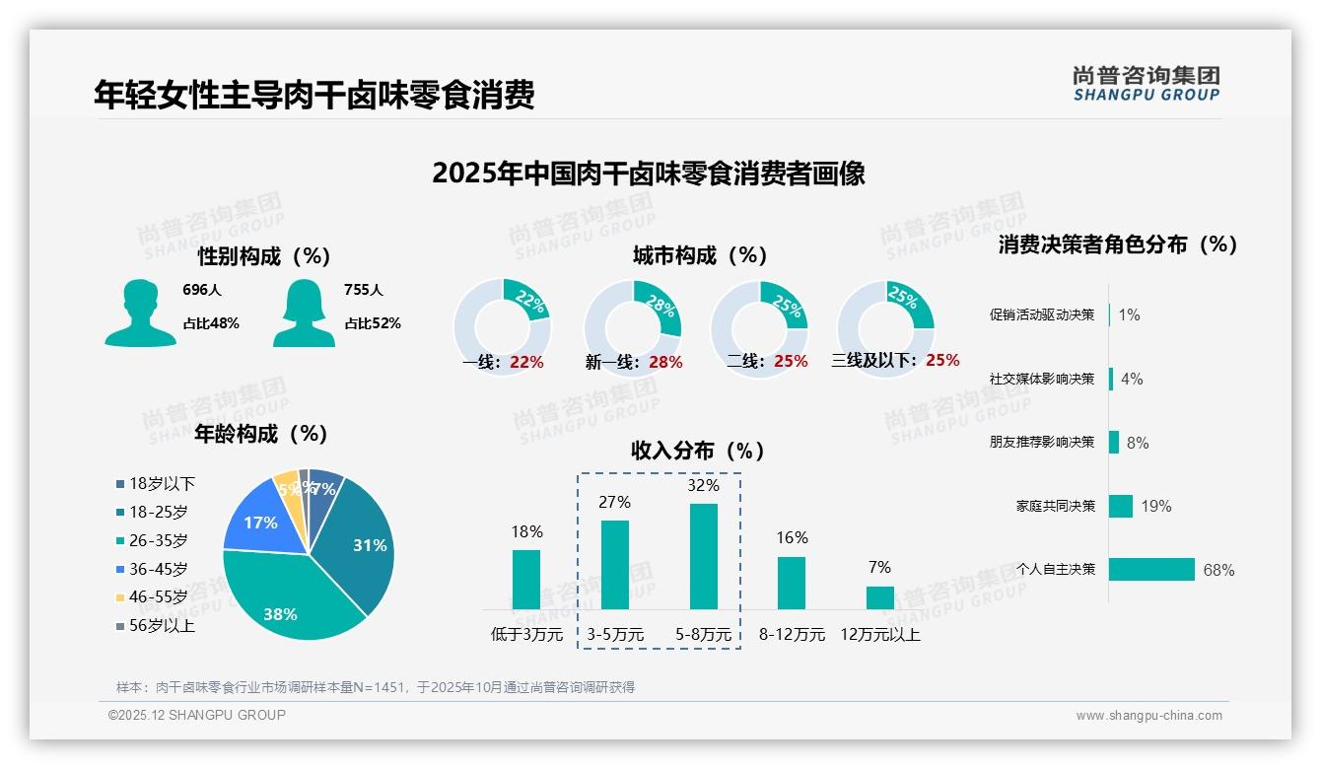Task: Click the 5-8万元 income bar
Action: (x=703, y=556)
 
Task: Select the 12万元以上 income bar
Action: (x=879, y=597)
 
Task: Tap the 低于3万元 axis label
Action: (x=526, y=634)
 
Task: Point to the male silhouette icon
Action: (x=140, y=313)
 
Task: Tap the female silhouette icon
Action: (x=304, y=313)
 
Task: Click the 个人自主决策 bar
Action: (x=1151, y=569)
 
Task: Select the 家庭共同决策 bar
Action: (x=1121, y=506)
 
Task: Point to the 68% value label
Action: (x=1218, y=570)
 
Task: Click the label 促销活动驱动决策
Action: (x=1042, y=315)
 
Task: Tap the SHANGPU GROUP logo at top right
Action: (x=1146, y=84)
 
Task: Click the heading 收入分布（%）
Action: (x=698, y=451)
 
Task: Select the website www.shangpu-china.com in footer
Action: (x=1148, y=716)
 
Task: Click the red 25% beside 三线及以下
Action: (x=942, y=360)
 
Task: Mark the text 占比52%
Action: (x=372, y=323)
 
